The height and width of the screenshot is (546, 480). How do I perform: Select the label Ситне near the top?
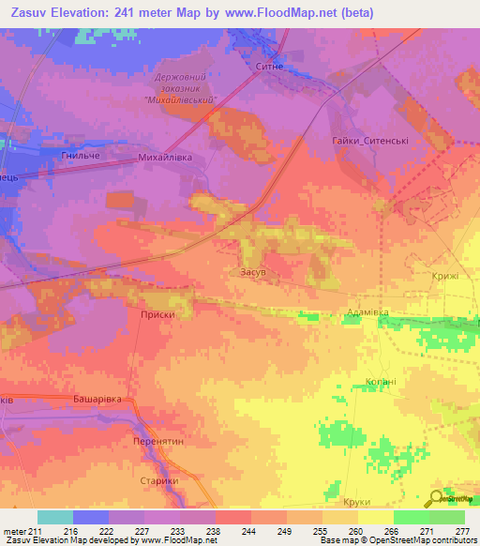click(x=269, y=67)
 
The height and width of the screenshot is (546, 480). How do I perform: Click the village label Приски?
click(x=157, y=315)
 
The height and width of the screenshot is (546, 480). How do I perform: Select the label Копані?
click(x=380, y=383)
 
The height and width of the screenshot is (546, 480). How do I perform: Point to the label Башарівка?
click(x=97, y=399)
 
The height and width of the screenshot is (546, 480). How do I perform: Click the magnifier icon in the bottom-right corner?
click(x=435, y=498)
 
